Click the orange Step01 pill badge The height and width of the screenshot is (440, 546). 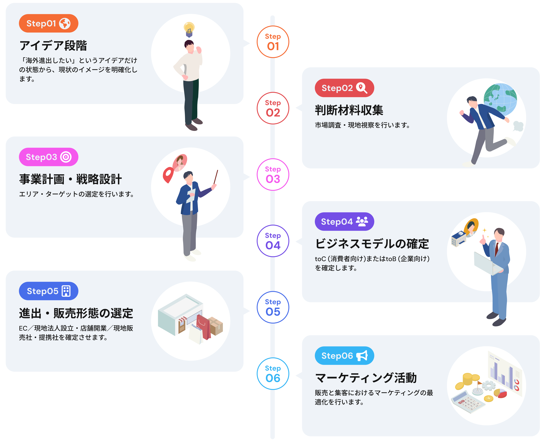pyautogui.click(x=48, y=23)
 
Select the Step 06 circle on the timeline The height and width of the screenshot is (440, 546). pyautogui.click(x=273, y=374)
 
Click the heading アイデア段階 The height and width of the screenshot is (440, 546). pyautogui.click(x=53, y=46)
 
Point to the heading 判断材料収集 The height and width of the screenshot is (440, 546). pyautogui.click(x=349, y=110)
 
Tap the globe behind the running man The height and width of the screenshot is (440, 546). pyautogui.click(x=500, y=99)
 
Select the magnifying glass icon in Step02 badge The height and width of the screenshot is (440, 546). pyautogui.click(x=362, y=88)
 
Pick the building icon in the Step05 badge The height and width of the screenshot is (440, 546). pyautogui.click(x=66, y=291)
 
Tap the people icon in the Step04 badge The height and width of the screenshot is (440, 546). pyautogui.click(x=362, y=222)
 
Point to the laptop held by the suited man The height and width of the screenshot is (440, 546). pyautogui.click(x=486, y=264)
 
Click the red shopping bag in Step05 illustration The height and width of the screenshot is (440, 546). pyautogui.click(x=204, y=327)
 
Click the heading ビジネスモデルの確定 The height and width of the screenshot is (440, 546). pyautogui.click(x=372, y=244)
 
